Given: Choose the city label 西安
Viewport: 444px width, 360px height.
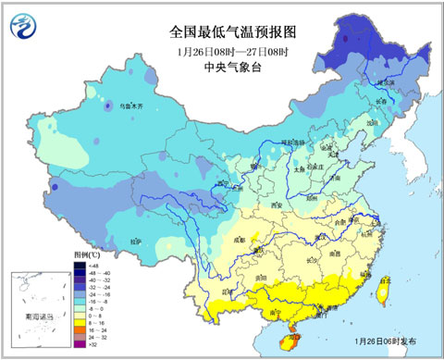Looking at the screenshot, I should (275, 203).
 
